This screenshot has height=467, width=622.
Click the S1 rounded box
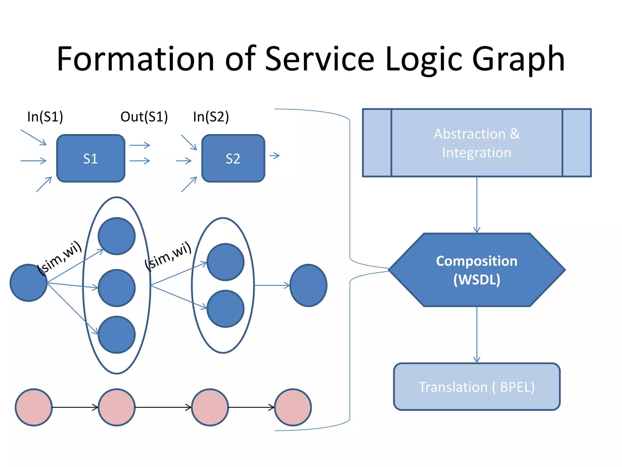91,158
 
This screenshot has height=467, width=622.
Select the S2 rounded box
233,158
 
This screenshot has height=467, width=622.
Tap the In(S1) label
45,117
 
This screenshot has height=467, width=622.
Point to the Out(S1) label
144,117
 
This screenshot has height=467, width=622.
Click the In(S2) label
211,117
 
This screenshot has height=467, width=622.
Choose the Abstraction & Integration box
477,143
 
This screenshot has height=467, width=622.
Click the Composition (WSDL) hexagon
477,270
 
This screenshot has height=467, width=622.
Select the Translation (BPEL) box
477,387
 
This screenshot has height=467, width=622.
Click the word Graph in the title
518,59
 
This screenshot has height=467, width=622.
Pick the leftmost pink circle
34,407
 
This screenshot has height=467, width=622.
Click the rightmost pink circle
293,407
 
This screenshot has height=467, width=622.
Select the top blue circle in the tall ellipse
117,236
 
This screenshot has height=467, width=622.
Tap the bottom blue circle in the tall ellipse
117,334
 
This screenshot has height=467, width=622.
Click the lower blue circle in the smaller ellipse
225,309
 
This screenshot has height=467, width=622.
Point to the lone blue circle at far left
29,283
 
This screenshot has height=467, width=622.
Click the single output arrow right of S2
275,156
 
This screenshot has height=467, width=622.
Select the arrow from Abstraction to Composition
477,205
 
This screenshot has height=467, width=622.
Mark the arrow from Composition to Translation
477,334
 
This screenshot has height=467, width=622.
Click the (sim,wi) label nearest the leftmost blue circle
60,258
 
